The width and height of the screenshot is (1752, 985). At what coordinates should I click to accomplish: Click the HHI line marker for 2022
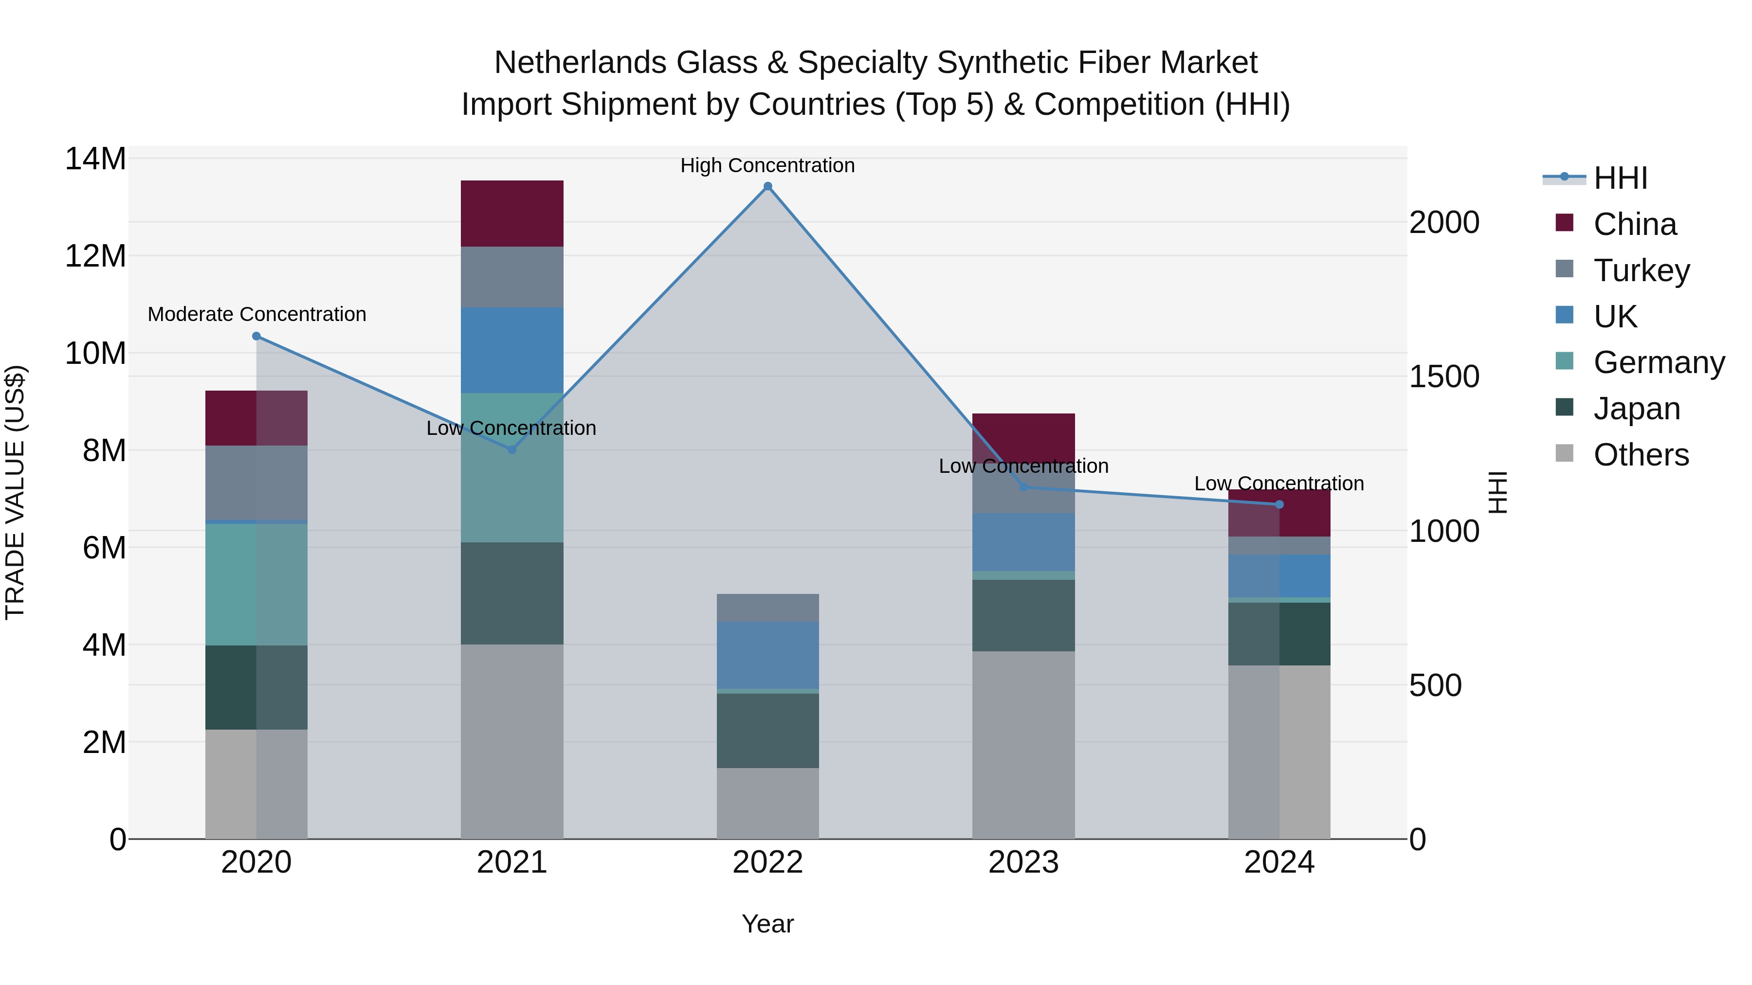(768, 186)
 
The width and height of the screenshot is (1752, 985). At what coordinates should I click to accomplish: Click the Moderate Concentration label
(256, 315)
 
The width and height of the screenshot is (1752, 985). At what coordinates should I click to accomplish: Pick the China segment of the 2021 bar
(512, 214)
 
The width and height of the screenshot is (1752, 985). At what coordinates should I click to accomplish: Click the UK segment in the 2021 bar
(512, 350)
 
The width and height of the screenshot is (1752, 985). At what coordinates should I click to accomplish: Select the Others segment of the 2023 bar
(1023, 744)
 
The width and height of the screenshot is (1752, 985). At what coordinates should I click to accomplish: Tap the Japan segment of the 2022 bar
(768, 731)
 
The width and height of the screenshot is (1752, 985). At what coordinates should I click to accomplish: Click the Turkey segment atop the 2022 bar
(768, 608)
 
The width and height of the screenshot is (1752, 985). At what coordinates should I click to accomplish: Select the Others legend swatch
(1564, 453)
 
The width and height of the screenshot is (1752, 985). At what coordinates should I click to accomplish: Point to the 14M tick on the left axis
(95, 159)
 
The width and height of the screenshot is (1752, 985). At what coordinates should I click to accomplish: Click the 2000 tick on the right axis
(1444, 222)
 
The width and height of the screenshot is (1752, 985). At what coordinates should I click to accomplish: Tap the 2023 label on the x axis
(1023, 862)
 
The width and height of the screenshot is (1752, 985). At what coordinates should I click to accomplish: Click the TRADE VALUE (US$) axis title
(15, 492)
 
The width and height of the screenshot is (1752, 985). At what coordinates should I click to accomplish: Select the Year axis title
(768, 924)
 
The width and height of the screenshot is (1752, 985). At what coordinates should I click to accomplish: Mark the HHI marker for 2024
(1279, 504)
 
